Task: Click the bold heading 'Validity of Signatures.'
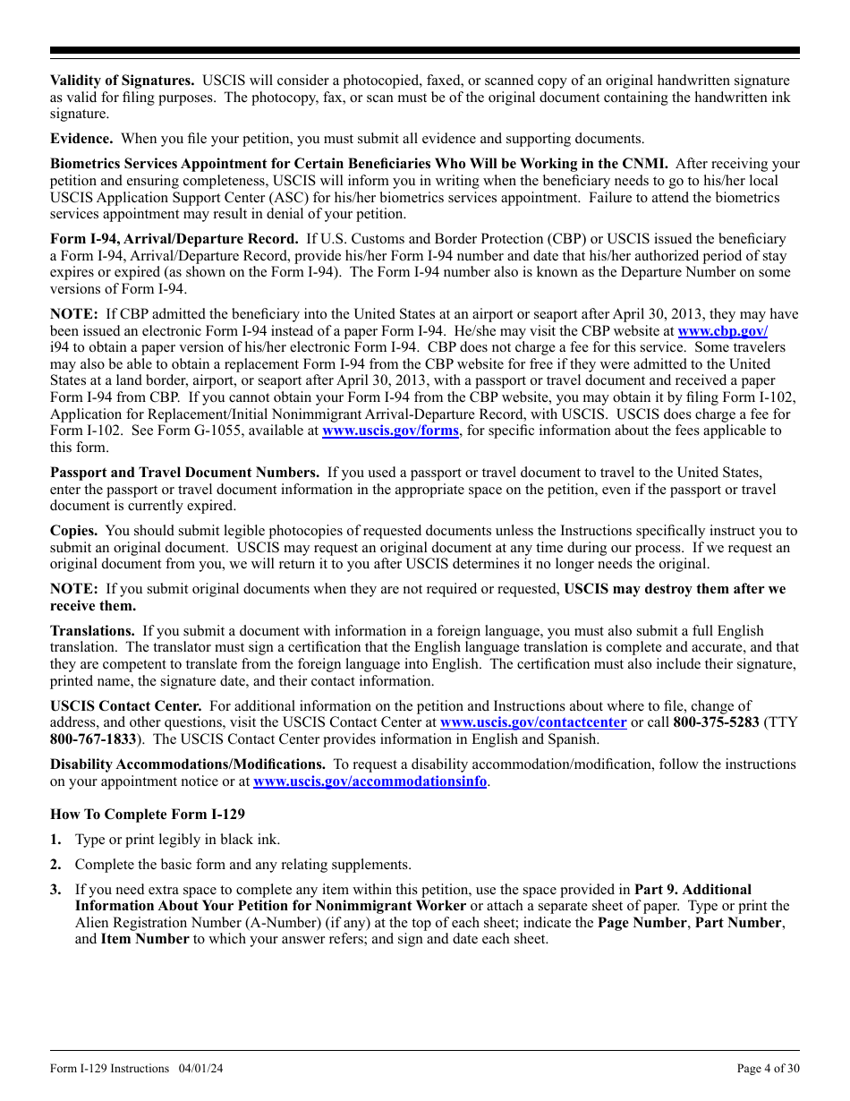(x=122, y=81)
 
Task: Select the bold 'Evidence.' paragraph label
(x=81, y=139)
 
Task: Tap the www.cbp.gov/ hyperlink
(x=722, y=331)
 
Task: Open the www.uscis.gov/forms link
(x=390, y=431)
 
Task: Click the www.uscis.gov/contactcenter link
(x=533, y=722)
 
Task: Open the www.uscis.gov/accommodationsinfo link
(x=370, y=781)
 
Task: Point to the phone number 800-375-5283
(x=716, y=722)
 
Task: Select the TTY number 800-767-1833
(x=93, y=739)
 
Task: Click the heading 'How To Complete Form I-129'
(x=148, y=815)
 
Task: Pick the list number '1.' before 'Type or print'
(x=55, y=840)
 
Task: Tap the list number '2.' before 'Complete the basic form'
(x=55, y=865)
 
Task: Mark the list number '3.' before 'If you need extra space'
(x=55, y=890)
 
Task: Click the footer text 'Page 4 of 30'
(x=768, y=1069)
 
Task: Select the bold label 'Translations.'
(x=92, y=631)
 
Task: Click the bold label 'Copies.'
(x=74, y=531)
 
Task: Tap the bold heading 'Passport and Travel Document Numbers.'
(x=184, y=473)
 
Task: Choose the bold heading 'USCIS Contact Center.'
(x=125, y=706)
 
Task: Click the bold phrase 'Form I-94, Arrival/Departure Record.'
(x=174, y=239)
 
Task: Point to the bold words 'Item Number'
(x=145, y=939)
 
